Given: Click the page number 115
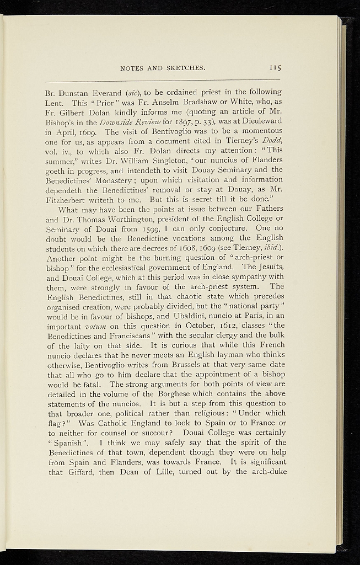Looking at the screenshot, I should click(276, 68).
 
